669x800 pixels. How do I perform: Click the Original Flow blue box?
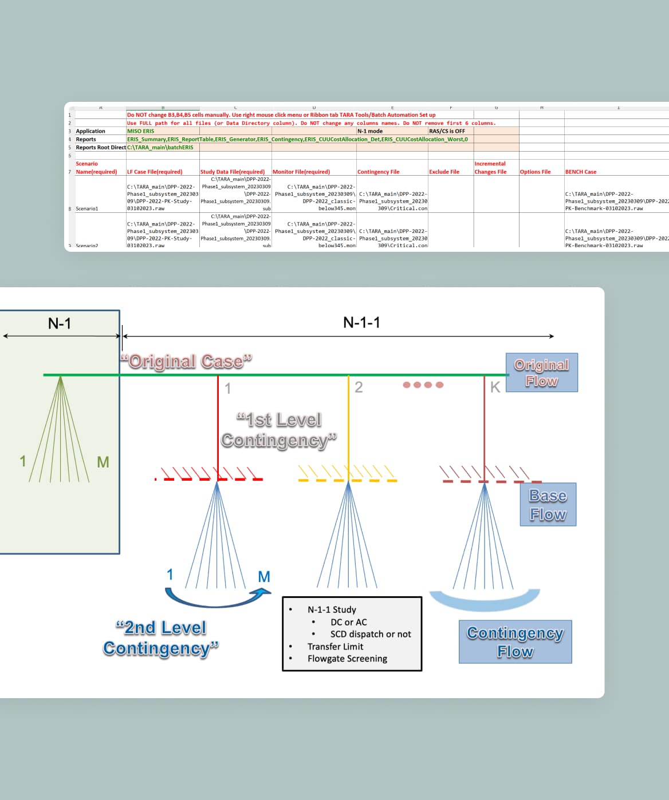pos(541,373)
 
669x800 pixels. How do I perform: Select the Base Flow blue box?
pos(548,505)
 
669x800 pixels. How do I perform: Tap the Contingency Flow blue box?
pos(515,641)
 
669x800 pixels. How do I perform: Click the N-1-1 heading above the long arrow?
pos(361,322)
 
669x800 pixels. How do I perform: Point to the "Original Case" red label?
pos(186,362)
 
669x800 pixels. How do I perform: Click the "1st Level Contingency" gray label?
pos(279,430)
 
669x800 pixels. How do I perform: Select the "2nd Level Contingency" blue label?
pos(161,638)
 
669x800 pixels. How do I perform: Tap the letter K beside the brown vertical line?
pos(495,387)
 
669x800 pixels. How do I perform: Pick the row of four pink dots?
pos(423,385)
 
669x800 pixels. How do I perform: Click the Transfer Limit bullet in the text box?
pos(335,647)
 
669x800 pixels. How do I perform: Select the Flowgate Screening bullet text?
pos(347,659)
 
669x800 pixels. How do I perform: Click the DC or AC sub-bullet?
pos(348,622)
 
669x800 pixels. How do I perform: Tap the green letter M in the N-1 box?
pos(103,462)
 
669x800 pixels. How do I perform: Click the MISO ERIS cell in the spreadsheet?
pos(141,131)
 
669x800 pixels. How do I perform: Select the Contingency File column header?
pos(378,172)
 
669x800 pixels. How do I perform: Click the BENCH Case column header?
pos(580,172)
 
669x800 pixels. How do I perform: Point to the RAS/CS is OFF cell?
pos(447,131)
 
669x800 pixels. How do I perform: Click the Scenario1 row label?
pos(87,209)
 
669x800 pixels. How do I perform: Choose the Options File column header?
pos(535,172)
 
